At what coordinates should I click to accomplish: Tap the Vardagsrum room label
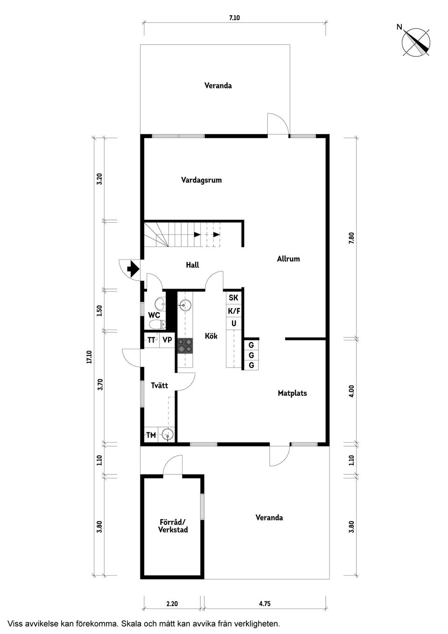201,180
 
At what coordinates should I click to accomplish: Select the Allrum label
288,259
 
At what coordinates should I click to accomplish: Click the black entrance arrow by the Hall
133,269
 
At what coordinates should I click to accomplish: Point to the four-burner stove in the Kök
185,345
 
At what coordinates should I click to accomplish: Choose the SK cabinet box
233,297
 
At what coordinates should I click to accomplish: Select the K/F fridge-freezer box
233,310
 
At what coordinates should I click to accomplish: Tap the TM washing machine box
151,435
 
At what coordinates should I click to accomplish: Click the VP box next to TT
167,340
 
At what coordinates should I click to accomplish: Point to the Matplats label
292,393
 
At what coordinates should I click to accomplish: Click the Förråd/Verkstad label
173,526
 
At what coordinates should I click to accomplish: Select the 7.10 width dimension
234,18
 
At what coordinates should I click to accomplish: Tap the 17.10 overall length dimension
89,357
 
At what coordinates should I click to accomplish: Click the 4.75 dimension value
265,603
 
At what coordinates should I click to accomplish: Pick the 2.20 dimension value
172,603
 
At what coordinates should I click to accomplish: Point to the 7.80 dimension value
351,237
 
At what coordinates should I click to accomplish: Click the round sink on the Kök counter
185,306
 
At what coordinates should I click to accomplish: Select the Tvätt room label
159,385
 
